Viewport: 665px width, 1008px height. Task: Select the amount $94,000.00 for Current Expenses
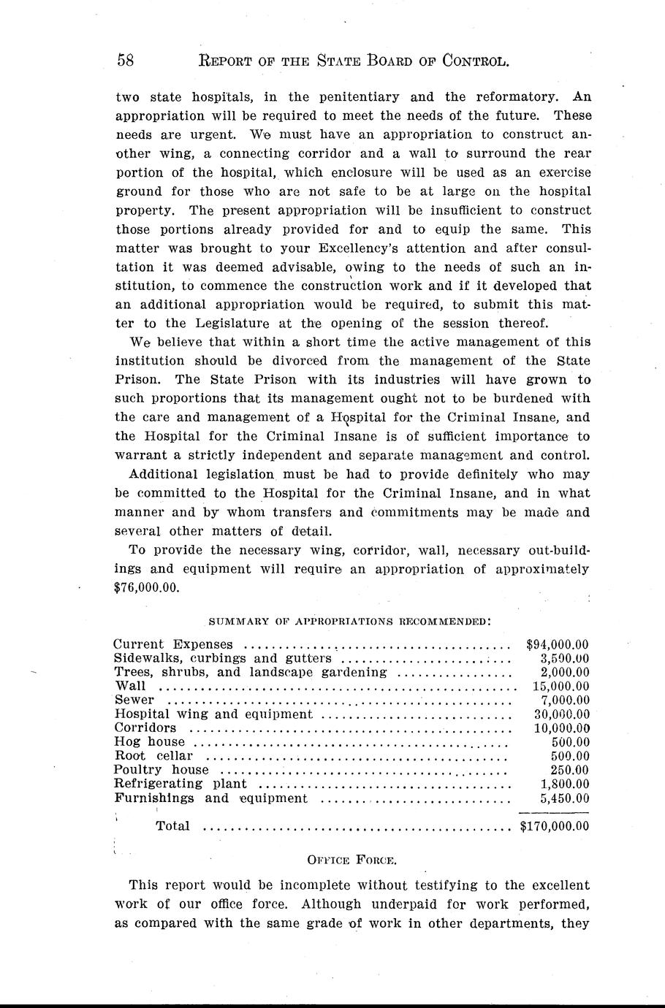[x=558, y=644]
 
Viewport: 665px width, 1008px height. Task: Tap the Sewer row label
[x=134, y=700]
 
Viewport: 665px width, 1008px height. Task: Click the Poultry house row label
[x=161, y=770]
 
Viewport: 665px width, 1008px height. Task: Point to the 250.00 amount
[x=569, y=770]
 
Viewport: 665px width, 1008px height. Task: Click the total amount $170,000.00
[x=554, y=826]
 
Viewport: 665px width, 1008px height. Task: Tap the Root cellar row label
[x=153, y=756]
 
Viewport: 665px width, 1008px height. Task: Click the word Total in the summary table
[x=172, y=826]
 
